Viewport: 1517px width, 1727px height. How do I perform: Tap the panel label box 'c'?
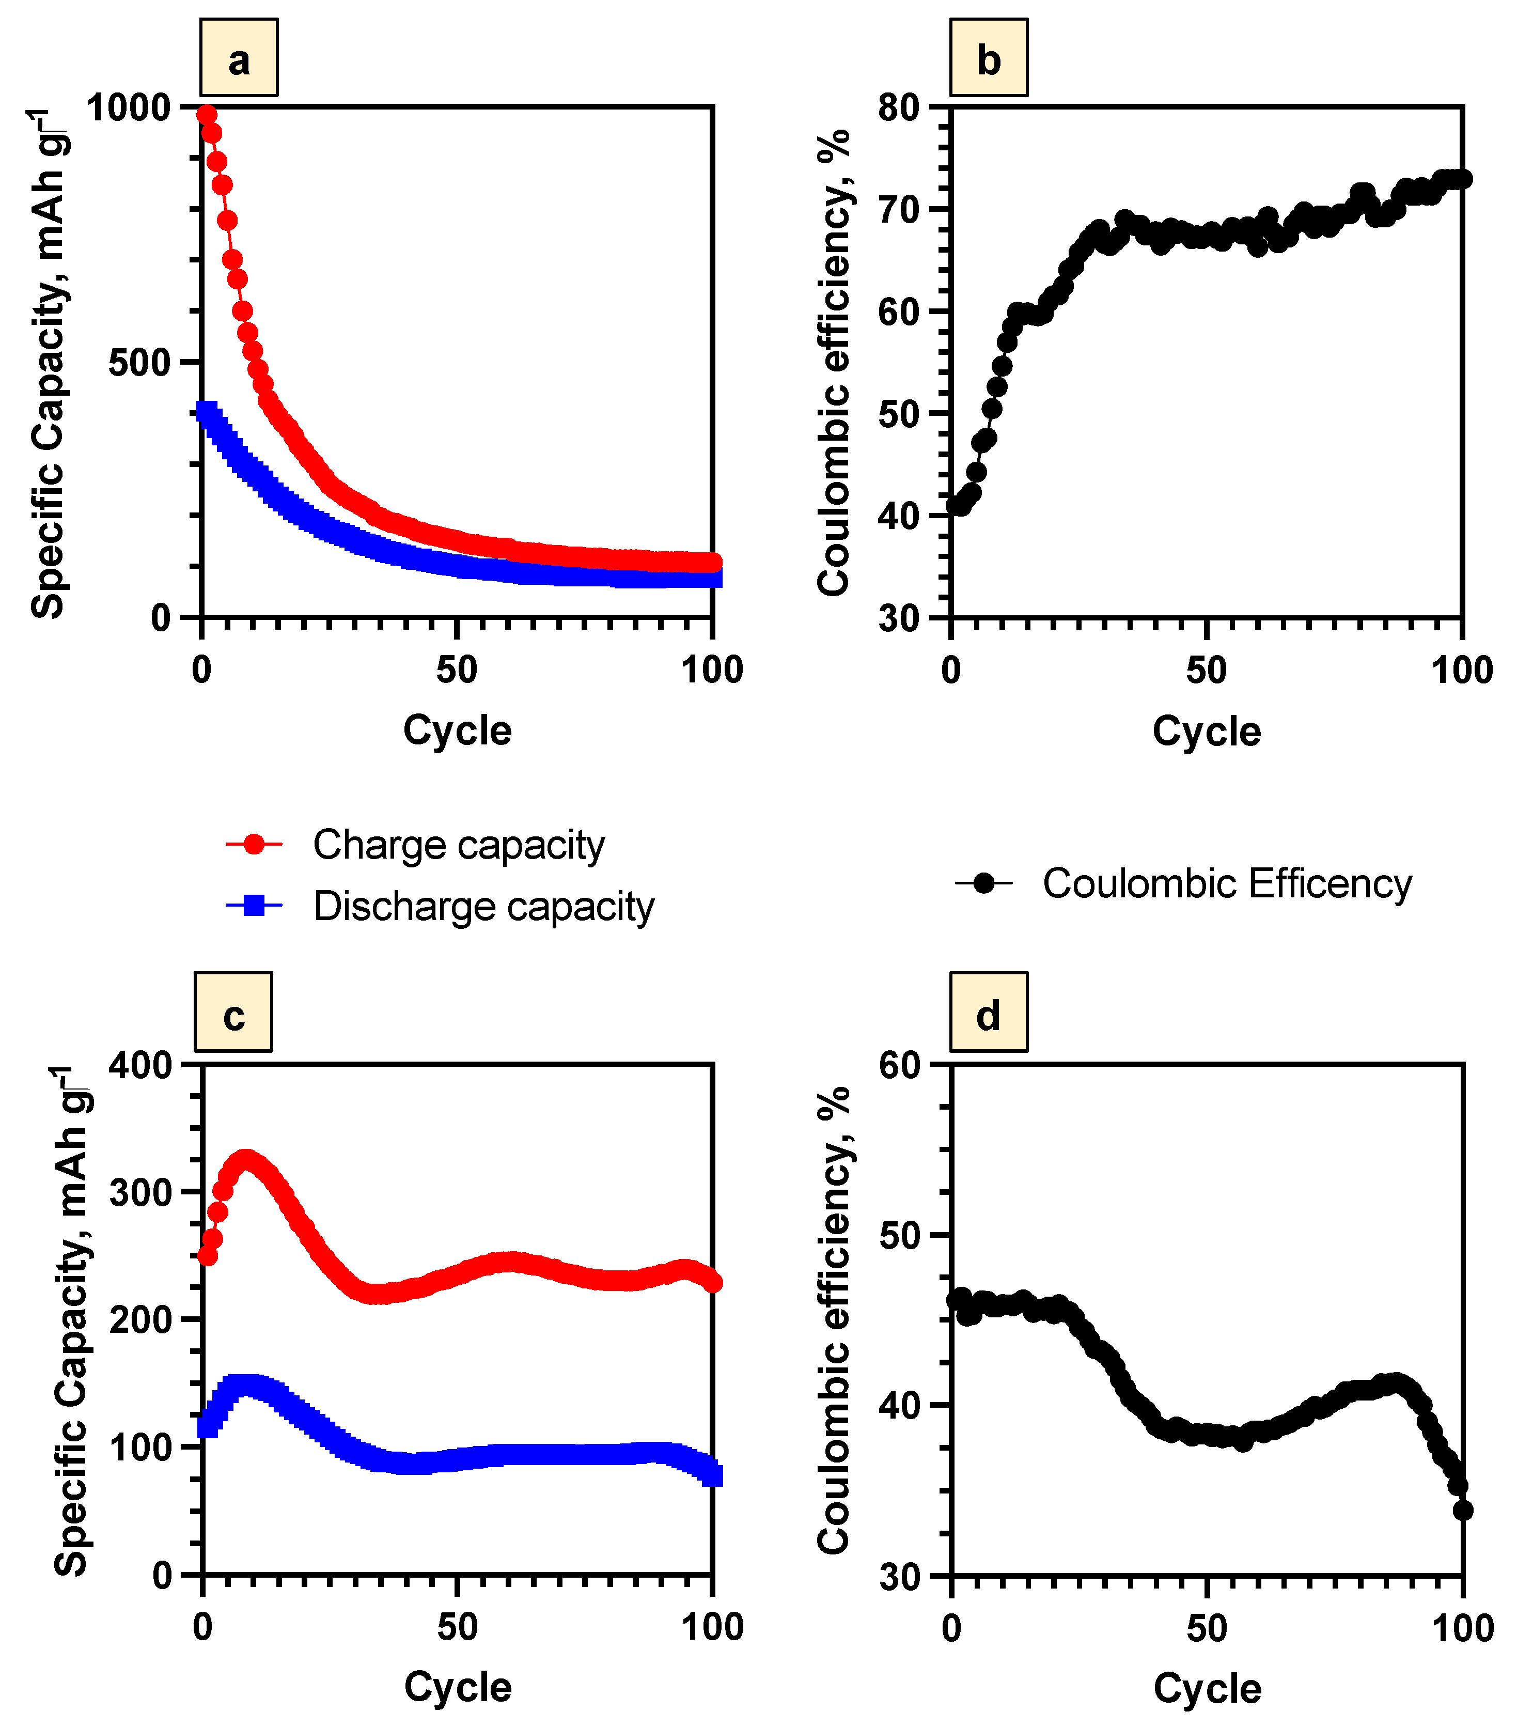(x=233, y=1012)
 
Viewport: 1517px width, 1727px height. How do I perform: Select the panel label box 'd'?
(x=988, y=1012)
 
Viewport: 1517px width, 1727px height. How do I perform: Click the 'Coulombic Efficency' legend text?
(x=1226, y=884)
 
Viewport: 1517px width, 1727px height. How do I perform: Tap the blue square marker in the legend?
(x=254, y=906)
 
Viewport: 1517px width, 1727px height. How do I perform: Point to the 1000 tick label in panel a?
(x=129, y=108)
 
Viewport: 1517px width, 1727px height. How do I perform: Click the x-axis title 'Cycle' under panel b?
(x=1206, y=731)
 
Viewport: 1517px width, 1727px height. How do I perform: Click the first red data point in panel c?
(x=207, y=1255)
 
